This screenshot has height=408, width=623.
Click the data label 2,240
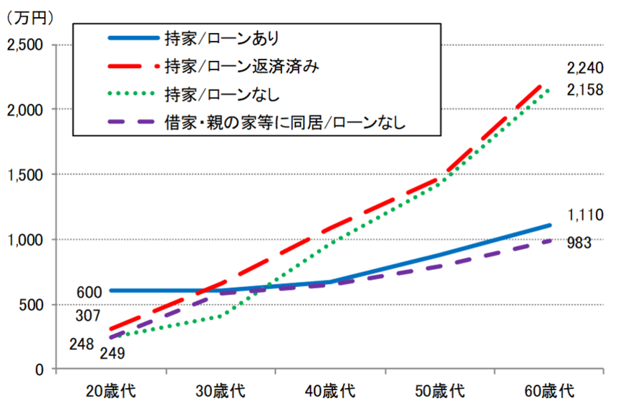[585, 68]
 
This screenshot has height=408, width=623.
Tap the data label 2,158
[585, 90]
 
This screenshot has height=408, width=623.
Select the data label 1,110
[585, 215]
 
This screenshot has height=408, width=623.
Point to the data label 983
[579, 243]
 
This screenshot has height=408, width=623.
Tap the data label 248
[82, 344]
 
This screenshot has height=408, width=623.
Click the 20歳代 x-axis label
[110, 392]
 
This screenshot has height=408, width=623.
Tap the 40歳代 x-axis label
[330, 392]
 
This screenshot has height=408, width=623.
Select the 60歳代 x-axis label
[549, 392]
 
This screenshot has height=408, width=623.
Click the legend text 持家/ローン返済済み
[241, 66]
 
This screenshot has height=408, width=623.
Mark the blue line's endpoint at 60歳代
[549, 225]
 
